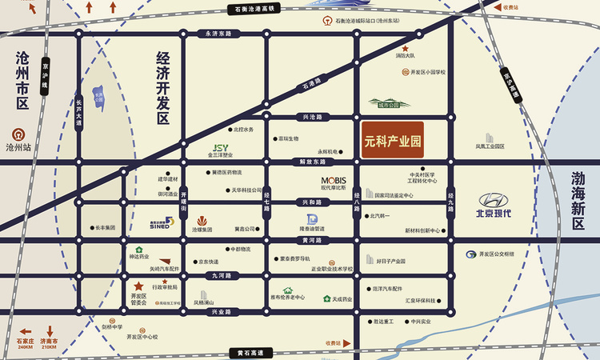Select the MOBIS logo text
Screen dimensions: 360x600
(334, 181)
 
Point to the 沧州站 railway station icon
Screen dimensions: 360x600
(18, 135)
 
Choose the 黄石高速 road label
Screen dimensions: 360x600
(250, 352)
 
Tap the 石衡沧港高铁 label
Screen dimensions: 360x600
(251, 9)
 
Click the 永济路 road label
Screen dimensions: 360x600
(218, 34)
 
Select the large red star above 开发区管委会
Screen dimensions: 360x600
(138, 286)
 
